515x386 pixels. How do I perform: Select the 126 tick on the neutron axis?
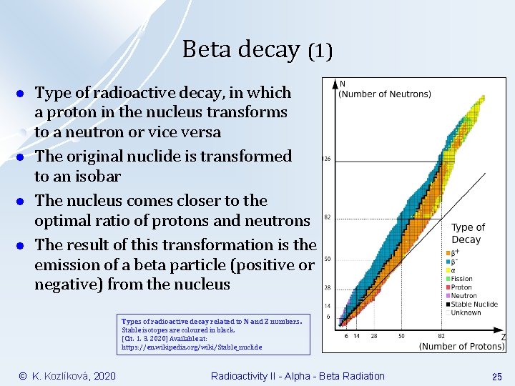tap(327, 159)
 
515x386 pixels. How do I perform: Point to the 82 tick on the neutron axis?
tap(327, 217)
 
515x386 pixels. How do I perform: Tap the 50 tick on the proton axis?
tap(401, 335)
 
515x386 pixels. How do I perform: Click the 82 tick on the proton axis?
tap(442, 335)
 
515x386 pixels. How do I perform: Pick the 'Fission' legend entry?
tap(462, 279)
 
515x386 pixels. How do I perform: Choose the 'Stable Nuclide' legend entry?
tap(475, 305)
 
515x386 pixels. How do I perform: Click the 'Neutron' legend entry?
tap(464, 296)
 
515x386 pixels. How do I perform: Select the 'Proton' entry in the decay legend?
tap(462, 287)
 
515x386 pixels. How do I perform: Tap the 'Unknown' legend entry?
tap(466, 313)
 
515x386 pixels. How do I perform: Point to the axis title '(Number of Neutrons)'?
tap(385, 94)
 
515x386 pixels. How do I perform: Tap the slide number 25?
tap(496, 376)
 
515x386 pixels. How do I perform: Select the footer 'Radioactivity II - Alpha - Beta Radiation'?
tap(298, 376)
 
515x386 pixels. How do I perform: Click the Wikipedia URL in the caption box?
tap(192, 347)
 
